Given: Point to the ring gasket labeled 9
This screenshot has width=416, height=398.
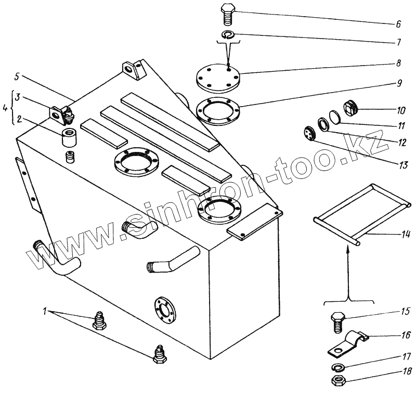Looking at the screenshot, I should (x=218, y=110).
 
